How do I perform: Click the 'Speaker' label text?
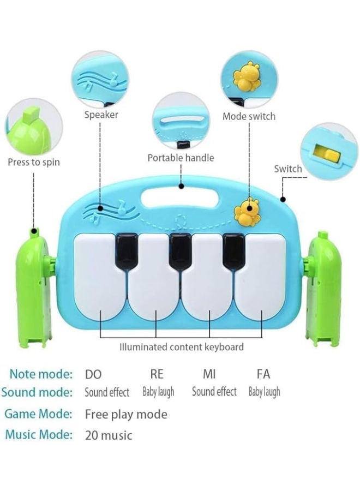(x=101, y=115)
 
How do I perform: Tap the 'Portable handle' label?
(x=181, y=158)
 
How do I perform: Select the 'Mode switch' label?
(x=249, y=116)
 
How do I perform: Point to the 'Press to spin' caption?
(x=33, y=162)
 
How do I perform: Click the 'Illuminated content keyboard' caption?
(x=182, y=347)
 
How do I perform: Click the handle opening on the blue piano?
(x=179, y=197)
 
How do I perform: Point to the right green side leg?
(x=322, y=289)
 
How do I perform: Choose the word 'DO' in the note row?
(x=93, y=374)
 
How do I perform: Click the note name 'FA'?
(x=263, y=374)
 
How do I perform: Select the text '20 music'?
(x=109, y=435)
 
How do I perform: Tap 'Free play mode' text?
(x=126, y=415)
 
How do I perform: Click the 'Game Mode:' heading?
(x=38, y=414)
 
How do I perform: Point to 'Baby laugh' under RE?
(x=158, y=392)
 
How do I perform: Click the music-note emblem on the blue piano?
(x=109, y=211)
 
